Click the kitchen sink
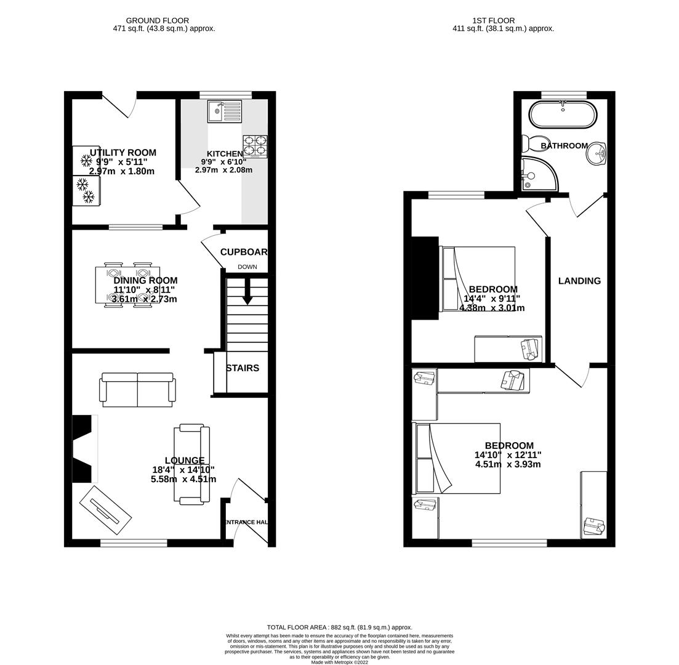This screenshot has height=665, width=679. [x=225, y=111]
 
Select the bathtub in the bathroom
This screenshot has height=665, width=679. [x=563, y=115]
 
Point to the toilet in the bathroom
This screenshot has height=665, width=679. [x=529, y=143]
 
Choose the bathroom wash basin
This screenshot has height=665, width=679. [x=596, y=154]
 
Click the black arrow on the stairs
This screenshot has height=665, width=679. [x=247, y=292]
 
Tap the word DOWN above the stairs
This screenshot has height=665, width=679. [x=247, y=267]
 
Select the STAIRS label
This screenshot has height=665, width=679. [x=243, y=368]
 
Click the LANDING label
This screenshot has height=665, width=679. [x=579, y=281]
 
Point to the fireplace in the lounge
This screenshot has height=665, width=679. [x=84, y=448]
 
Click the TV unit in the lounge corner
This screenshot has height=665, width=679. [x=105, y=510]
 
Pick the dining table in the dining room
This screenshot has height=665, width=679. [x=127, y=285]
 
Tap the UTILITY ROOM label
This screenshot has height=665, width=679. [x=123, y=153]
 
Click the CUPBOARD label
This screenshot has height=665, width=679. [x=244, y=252]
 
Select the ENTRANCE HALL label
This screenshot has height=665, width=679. [x=246, y=522]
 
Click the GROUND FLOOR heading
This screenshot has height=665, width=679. [x=158, y=20]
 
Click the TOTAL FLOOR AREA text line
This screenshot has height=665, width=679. [x=339, y=627]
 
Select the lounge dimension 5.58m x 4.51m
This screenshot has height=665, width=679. [x=183, y=479]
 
